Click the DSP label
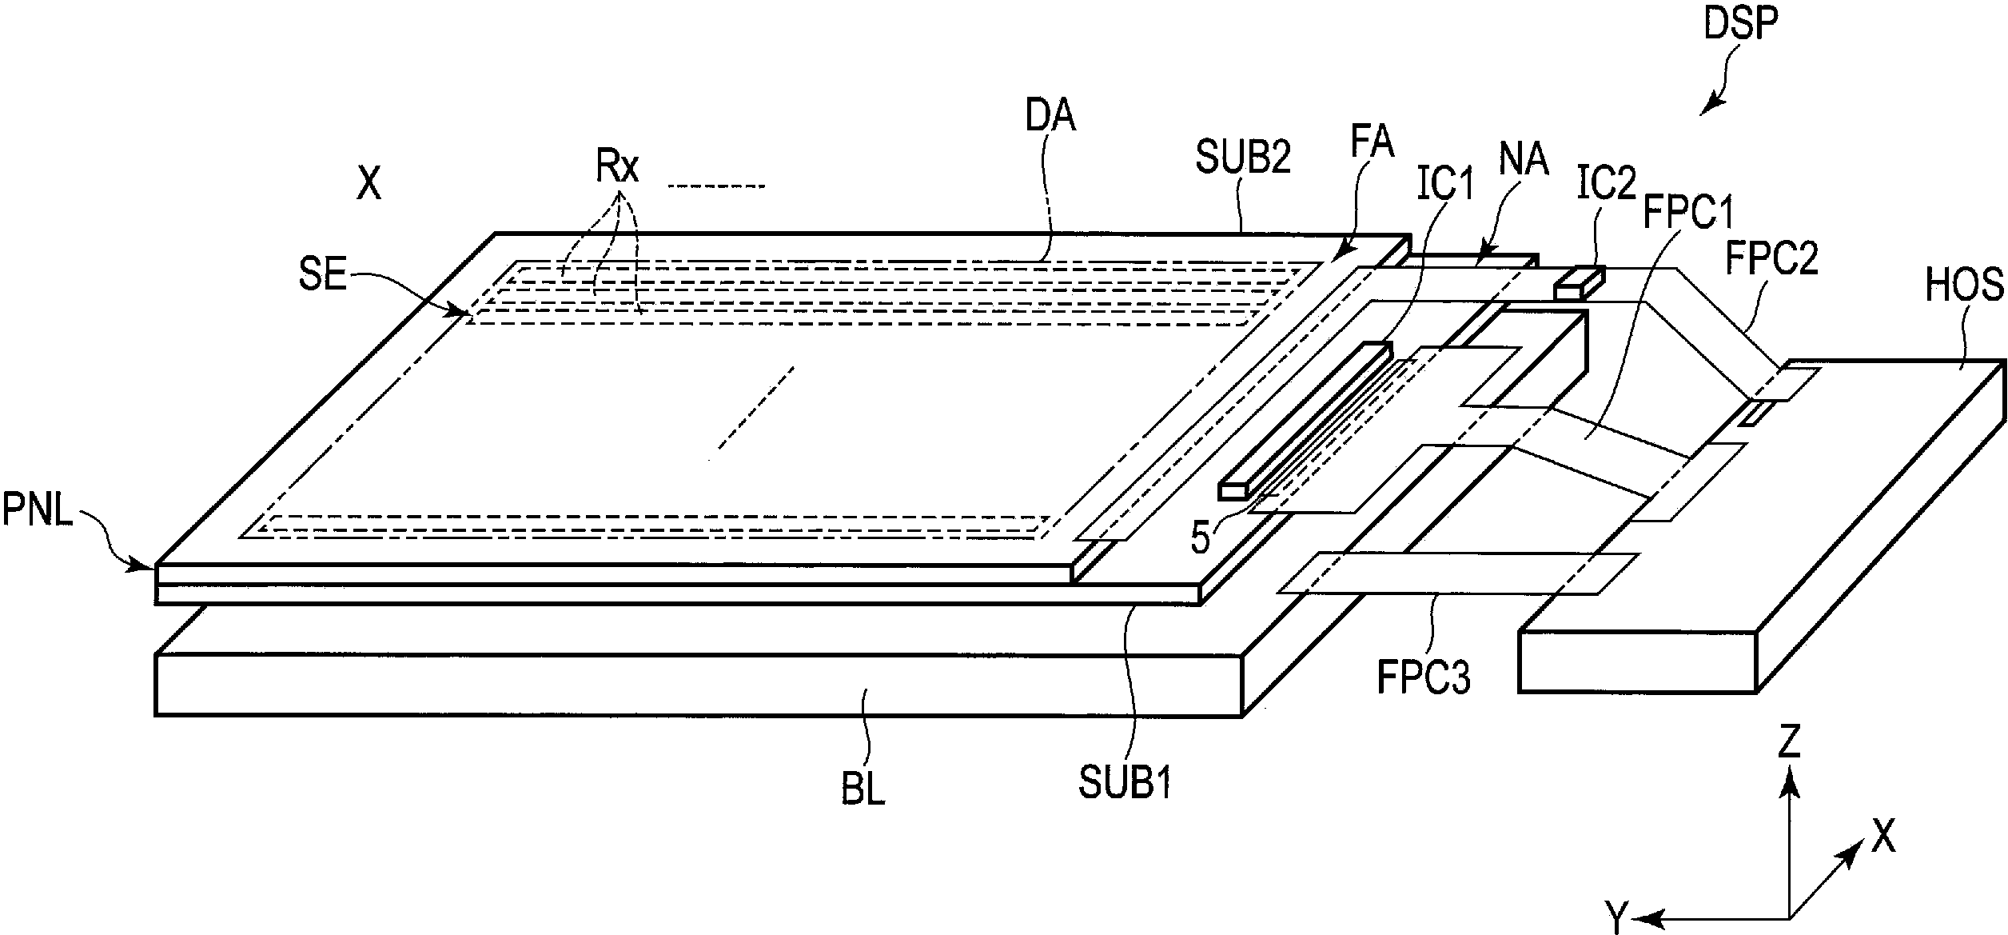point(1740,26)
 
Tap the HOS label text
point(1964,286)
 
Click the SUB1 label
point(1126,783)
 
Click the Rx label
point(616,166)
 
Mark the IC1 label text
point(1444,186)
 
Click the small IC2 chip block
point(1579,283)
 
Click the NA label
point(1523,160)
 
